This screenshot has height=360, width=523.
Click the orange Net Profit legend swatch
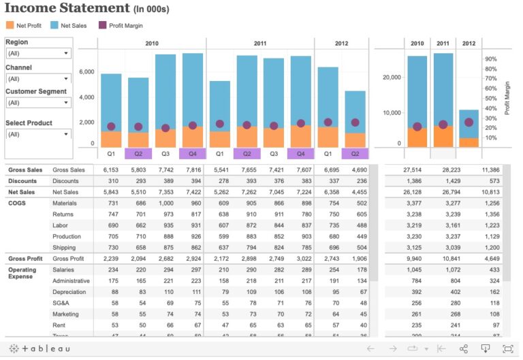10,25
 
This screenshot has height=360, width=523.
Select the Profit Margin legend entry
122,25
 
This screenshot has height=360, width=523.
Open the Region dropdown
37,53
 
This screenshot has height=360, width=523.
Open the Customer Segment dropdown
37,103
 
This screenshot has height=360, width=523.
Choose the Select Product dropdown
37,134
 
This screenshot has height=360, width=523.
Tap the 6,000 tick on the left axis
86,71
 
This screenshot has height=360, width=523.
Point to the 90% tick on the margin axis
490,59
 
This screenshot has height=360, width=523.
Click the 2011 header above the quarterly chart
260,44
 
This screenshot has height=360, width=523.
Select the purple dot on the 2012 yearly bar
469,122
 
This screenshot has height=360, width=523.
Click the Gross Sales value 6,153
110,169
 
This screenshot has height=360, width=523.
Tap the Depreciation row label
70,292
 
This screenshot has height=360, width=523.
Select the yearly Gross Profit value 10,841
442,259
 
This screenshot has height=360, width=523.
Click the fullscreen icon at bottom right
507,348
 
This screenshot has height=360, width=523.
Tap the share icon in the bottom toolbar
463,348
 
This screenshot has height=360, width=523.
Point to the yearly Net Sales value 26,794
442,192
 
